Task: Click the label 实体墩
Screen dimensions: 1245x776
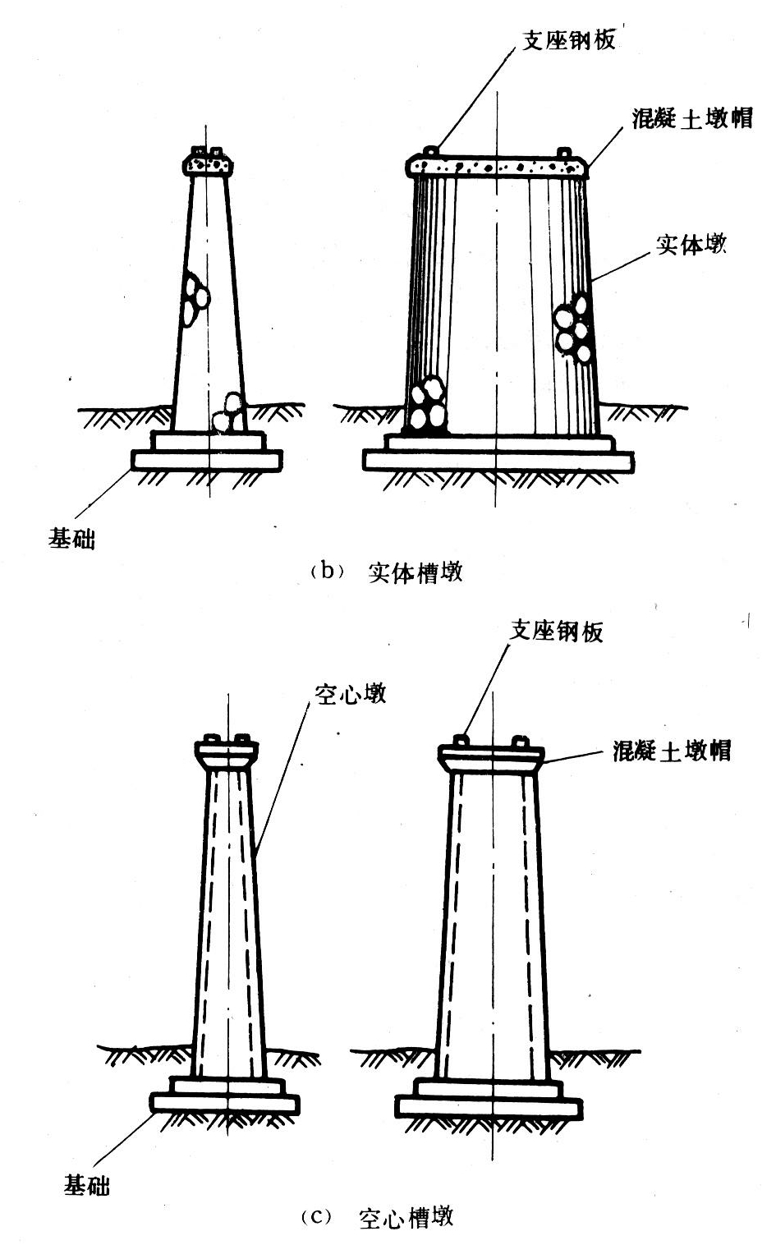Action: pos(691,244)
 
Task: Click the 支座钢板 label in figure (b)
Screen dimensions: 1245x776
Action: pos(569,39)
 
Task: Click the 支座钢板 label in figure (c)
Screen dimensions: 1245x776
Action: pos(557,631)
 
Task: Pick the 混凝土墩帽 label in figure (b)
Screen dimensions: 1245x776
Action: pos(692,117)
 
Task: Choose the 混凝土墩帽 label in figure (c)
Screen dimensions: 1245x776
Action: pos(672,750)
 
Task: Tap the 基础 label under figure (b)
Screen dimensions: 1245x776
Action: pos(71,539)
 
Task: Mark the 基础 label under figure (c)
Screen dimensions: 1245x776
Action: pos(86,1185)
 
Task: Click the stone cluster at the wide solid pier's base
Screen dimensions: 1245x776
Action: pos(426,404)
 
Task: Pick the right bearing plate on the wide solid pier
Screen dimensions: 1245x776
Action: pos(565,152)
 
